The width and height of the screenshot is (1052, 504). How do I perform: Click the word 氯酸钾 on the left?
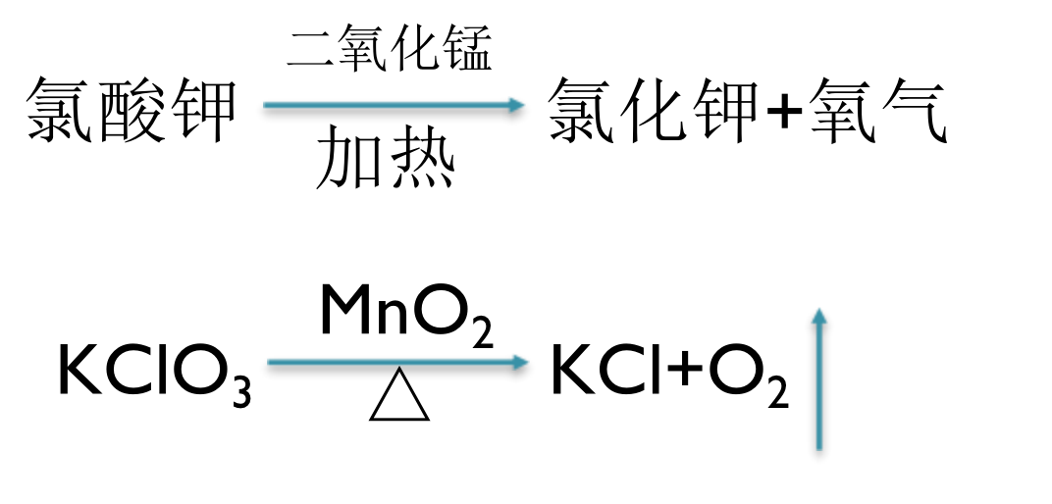pyautogui.click(x=131, y=111)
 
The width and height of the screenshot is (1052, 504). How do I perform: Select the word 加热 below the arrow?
pyautogui.click(x=386, y=162)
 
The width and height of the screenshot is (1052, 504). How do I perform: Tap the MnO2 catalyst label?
pyautogui.click(x=405, y=315)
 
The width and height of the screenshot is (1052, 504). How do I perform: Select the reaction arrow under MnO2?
pyautogui.click(x=397, y=364)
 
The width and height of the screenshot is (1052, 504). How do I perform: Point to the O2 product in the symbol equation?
pyautogui.click(x=747, y=374)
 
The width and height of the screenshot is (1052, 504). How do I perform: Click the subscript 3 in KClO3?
pyautogui.click(x=240, y=393)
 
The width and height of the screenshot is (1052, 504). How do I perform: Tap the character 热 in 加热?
pyautogui.click(x=423, y=162)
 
